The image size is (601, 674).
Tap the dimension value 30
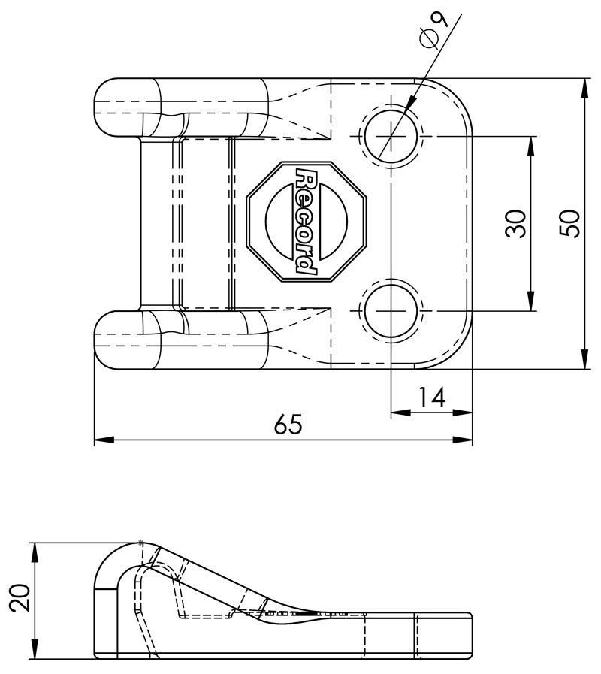point(515,224)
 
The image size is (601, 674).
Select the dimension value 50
point(572,224)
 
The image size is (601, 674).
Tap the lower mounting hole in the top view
point(391,310)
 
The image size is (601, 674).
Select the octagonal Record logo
point(307,222)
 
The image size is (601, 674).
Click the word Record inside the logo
point(307,222)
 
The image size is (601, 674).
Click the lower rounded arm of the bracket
point(180,340)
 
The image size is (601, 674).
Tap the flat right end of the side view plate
point(469,636)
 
